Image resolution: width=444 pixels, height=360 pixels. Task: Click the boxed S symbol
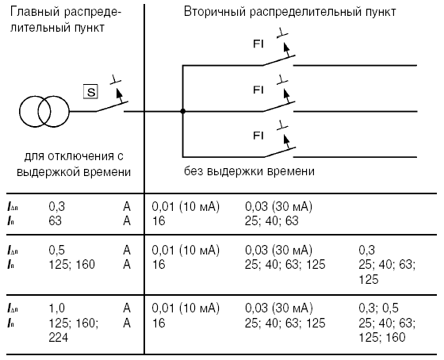tap(90, 92)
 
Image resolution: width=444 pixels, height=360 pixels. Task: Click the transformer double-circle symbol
tap(44, 112)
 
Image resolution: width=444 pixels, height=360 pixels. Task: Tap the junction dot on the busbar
tap(183, 111)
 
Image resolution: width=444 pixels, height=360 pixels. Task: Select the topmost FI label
tap(258, 44)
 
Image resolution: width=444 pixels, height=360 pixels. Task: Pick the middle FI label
tap(258, 90)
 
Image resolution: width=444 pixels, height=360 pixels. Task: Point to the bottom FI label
tap(258, 136)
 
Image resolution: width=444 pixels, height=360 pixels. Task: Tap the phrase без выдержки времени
tap(249, 171)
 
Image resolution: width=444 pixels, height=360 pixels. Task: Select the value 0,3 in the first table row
tap(56, 206)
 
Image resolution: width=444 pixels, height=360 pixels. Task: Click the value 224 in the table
tap(59, 337)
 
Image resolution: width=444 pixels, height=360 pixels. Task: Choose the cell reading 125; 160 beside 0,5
tap(71, 264)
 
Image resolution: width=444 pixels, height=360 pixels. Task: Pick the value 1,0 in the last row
tap(56, 308)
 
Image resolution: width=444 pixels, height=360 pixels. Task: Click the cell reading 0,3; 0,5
tap(378, 308)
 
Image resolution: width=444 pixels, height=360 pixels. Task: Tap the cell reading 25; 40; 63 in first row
tap(271, 221)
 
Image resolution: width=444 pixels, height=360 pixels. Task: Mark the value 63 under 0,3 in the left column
tap(55, 221)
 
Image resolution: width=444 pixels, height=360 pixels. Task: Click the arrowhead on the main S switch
tap(119, 92)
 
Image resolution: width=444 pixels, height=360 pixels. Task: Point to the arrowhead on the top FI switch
tap(286, 46)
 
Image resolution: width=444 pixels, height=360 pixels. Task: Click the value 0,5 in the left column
tap(56, 250)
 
